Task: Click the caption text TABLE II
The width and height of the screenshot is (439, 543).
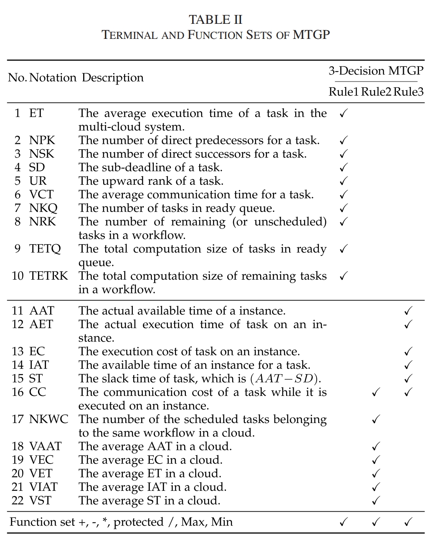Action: click(x=216, y=20)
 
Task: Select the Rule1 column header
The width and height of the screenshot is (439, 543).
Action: click(x=343, y=92)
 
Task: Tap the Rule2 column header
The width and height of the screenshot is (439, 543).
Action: click(x=376, y=92)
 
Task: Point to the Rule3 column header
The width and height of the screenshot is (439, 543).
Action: click(x=409, y=92)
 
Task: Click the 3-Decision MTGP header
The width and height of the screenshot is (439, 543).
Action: click(x=376, y=71)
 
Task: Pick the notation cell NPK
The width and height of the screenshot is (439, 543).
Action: click(x=42, y=140)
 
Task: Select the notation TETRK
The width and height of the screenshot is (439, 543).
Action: click(x=48, y=276)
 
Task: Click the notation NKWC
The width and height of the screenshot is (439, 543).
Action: click(x=48, y=419)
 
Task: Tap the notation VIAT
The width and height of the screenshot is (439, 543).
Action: click(x=43, y=487)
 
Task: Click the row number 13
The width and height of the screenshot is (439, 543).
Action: click(x=17, y=352)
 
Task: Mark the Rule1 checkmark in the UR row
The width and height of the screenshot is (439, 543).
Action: click(x=343, y=181)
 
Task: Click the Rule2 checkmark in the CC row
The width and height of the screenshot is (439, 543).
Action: click(x=376, y=393)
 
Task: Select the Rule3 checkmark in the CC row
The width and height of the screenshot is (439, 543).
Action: click(x=409, y=393)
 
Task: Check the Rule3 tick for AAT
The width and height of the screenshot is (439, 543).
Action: click(x=409, y=311)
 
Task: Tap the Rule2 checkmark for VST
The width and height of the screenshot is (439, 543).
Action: click(x=376, y=501)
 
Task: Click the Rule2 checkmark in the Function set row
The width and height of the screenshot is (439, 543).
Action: click(x=376, y=522)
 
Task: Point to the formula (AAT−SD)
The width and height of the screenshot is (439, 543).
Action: click(x=285, y=379)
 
